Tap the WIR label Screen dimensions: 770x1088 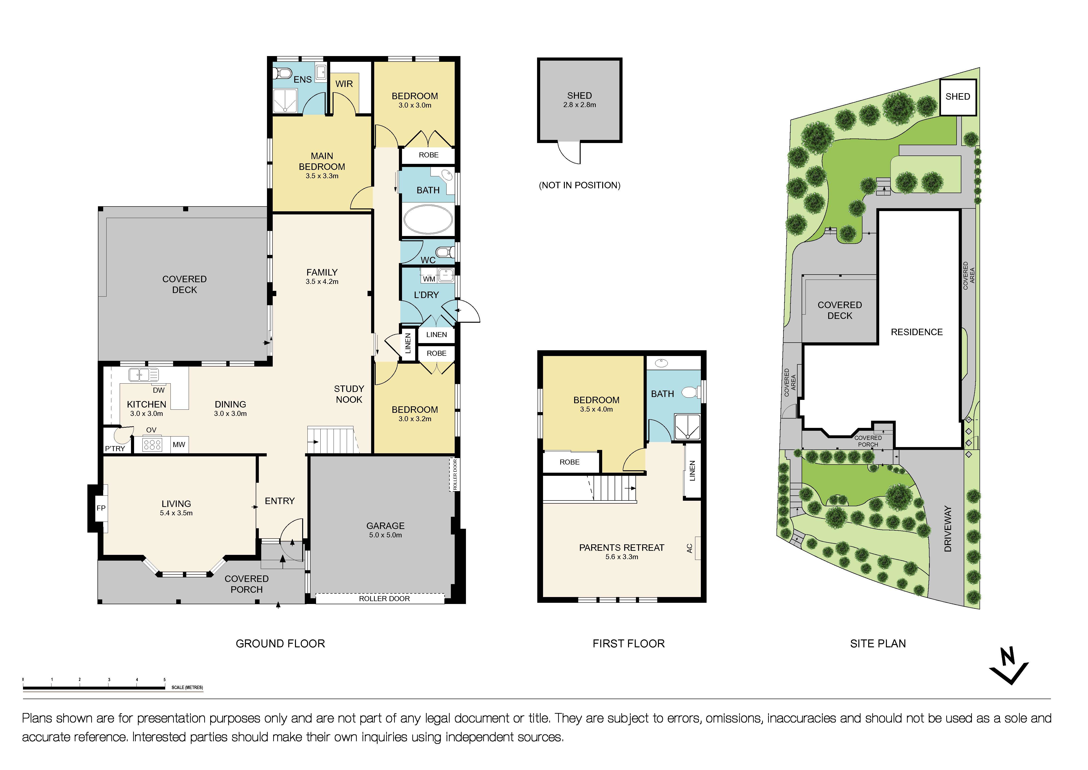pyautogui.click(x=344, y=84)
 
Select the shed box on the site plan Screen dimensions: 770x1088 pyautogui.click(x=958, y=97)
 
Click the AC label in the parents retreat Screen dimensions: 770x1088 pyautogui.click(x=690, y=548)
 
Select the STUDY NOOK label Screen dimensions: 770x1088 pyautogui.click(x=349, y=394)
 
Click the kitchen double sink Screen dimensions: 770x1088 pyautogui.click(x=144, y=375)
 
